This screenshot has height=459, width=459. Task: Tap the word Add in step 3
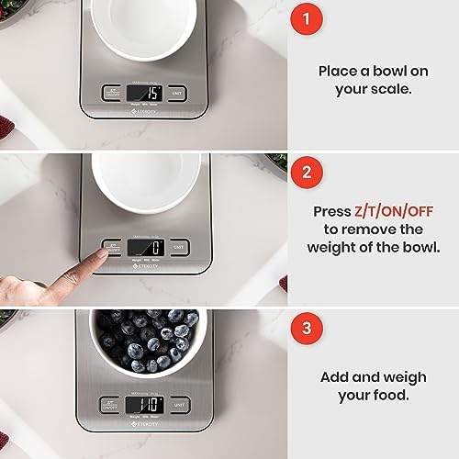point(337,376)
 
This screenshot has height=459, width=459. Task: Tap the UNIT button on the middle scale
point(179,248)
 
